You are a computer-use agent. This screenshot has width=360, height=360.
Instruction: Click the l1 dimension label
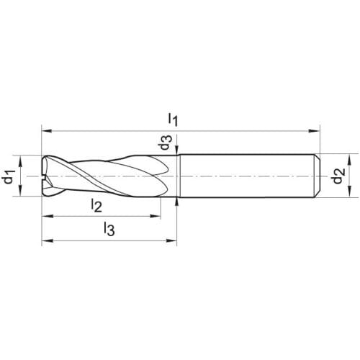(173, 120)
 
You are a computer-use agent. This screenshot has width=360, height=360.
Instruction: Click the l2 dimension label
(96, 205)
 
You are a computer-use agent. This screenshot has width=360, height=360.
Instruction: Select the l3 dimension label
(109, 228)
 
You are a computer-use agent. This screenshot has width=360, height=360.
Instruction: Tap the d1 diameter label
(9, 176)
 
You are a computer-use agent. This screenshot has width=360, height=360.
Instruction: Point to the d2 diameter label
(339, 176)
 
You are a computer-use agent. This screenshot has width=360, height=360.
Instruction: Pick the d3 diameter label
(166, 143)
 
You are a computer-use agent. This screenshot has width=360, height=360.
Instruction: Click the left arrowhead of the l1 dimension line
(47, 131)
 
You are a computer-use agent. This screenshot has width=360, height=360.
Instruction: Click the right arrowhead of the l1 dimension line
(315, 131)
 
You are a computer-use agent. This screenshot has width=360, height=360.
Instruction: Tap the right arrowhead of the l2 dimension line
(156, 216)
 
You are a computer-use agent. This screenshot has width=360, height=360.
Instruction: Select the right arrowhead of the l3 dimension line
(171, 240)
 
